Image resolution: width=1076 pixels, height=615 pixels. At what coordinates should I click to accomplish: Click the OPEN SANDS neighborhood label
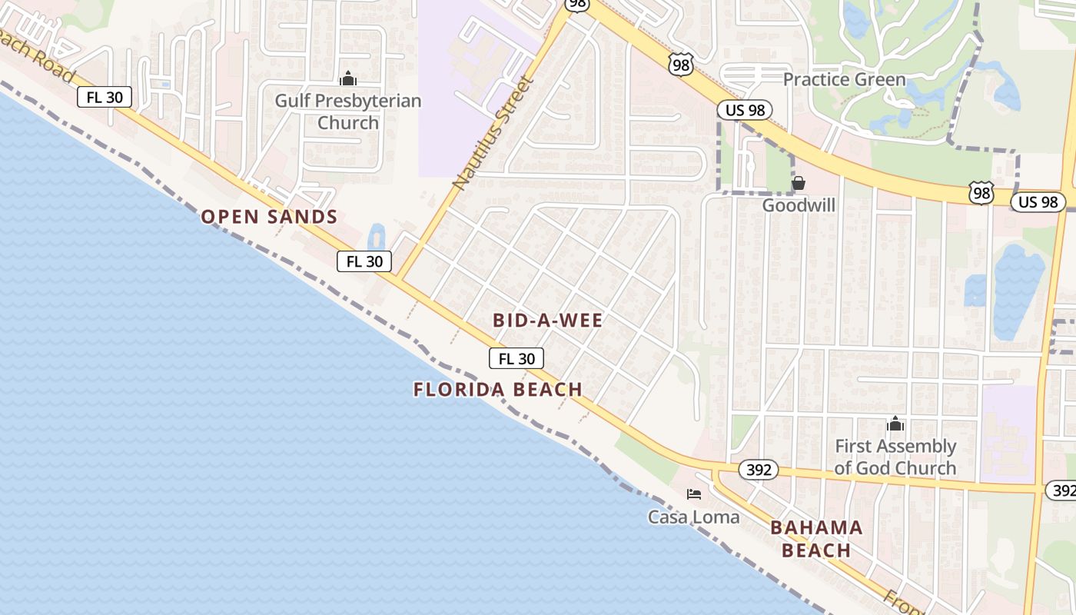(269, 217)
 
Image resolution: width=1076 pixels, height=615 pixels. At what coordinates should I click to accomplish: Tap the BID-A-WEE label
(548, 321)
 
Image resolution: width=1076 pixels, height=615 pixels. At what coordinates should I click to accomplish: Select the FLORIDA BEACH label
(497, 390)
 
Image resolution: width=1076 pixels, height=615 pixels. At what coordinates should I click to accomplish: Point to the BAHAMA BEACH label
(816, 539)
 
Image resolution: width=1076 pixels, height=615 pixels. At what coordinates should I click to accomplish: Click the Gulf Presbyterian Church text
(348, 111)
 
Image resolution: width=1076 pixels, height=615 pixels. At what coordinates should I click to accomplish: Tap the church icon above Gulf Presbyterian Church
(348, 78)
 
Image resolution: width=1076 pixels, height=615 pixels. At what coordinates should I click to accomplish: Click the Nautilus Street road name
(493, 133)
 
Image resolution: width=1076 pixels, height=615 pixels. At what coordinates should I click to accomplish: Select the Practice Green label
(844, 79)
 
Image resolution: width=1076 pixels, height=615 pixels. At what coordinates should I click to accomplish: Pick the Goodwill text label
(799, 205)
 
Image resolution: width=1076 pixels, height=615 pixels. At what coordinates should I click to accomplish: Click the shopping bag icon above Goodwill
(799, 183)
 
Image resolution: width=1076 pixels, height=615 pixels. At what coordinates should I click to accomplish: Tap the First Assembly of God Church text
(895, 457)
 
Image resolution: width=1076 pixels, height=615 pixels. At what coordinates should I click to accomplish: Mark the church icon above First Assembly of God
(895, 424)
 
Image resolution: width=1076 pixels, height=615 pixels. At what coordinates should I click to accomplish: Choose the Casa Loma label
(693, 517)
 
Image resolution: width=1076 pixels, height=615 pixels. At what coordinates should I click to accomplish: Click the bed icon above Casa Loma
(694, 494)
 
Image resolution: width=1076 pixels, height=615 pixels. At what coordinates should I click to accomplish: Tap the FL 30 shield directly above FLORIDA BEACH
(516, 358)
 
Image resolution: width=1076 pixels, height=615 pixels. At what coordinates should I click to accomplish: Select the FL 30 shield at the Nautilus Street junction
(364, 261)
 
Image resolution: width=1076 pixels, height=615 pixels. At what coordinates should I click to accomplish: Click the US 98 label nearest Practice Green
(745, 110)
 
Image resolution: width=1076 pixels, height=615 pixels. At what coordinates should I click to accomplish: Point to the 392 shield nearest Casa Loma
(759, 470)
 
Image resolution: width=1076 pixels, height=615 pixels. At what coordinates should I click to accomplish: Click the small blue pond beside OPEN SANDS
(376, 236)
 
